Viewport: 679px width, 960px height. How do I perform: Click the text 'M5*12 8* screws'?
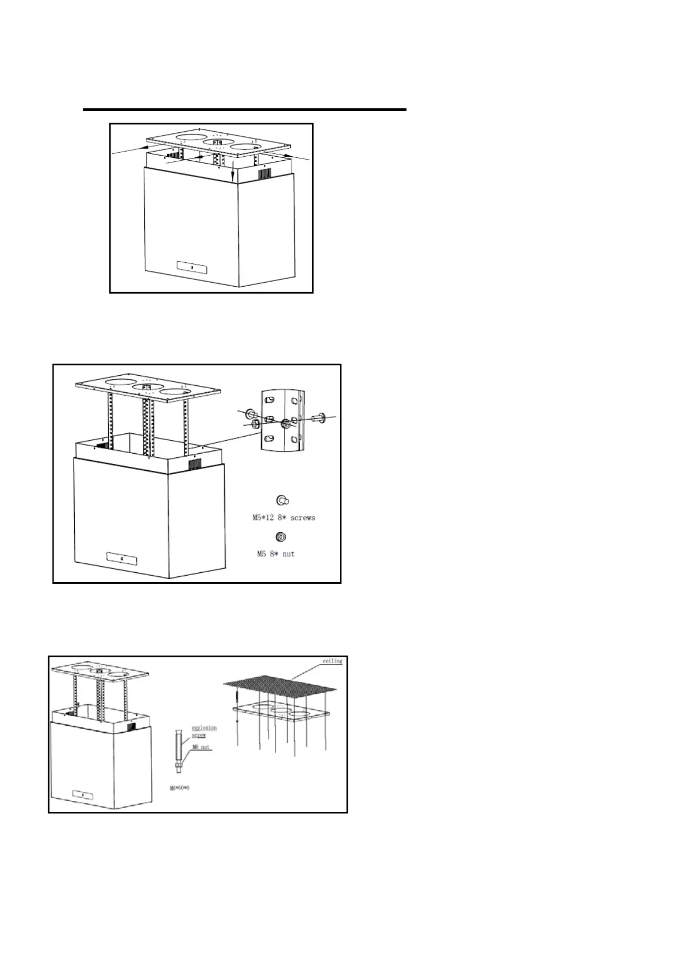click(284, 518)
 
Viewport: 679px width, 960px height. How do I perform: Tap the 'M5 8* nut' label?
click(274, 554)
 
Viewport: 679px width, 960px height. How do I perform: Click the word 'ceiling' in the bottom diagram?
click(332, 661)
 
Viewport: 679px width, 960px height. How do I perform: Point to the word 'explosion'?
click(204, 727)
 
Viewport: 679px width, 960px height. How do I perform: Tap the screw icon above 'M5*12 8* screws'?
click(282, 501)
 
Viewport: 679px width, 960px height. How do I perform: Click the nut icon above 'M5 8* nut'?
click(280, 536)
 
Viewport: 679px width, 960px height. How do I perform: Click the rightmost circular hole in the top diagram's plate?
click(249, 148)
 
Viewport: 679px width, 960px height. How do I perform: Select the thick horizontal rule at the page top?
click(245, 109)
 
